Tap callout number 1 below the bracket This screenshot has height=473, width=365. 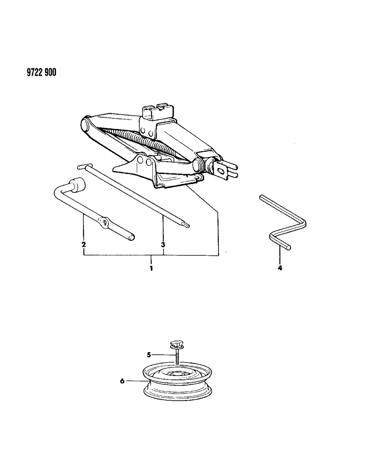pos(151,268)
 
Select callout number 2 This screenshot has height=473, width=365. pos(84,244)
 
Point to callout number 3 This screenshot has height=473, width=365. pos(163,244)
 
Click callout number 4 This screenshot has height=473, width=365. pos(280,268)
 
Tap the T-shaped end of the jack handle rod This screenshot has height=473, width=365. pos(82,167)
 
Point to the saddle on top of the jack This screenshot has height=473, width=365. pos(158,111)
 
